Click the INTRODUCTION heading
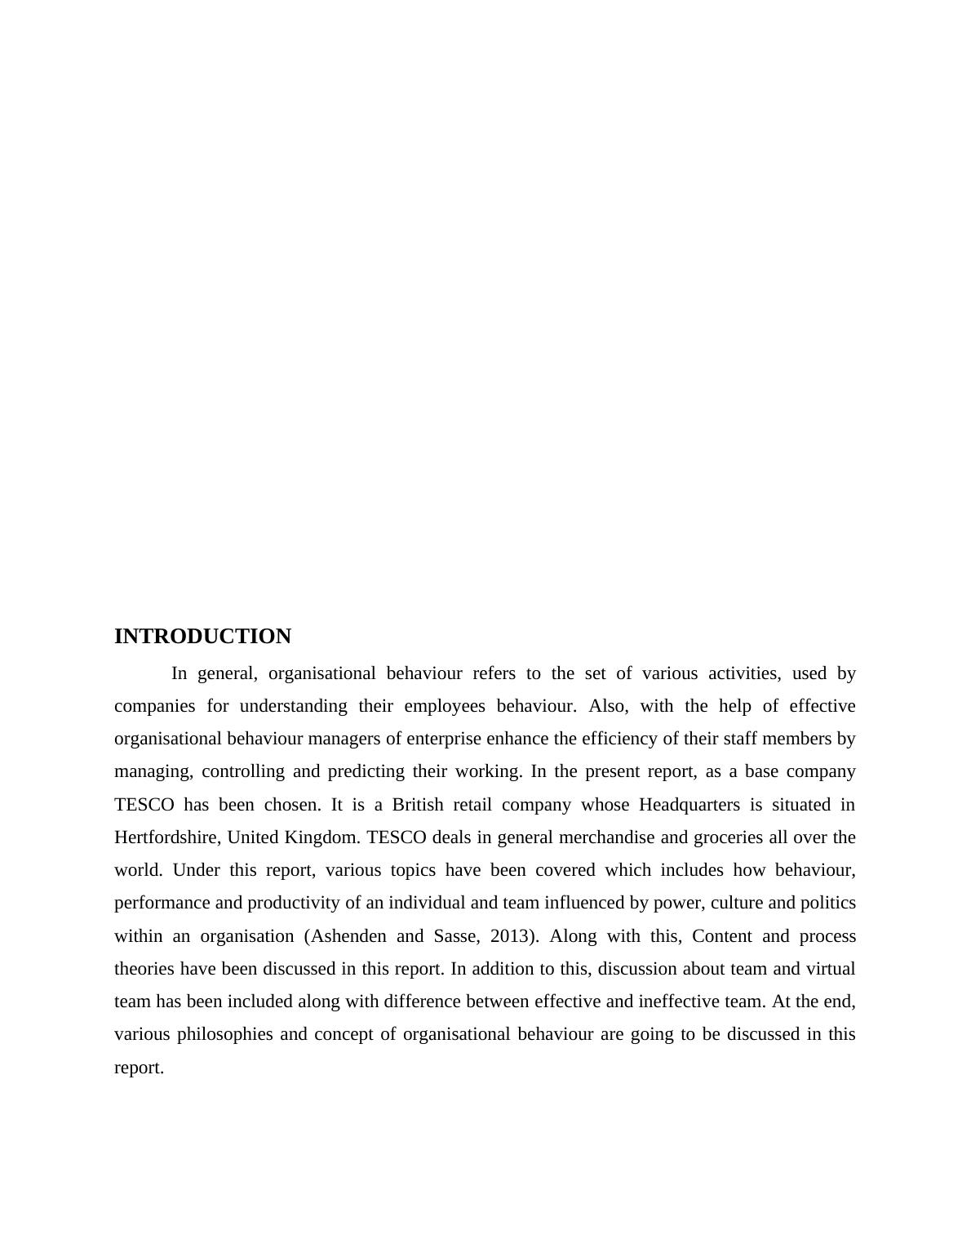(202, 637)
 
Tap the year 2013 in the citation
(510, 936)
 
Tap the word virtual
(831, 969)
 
